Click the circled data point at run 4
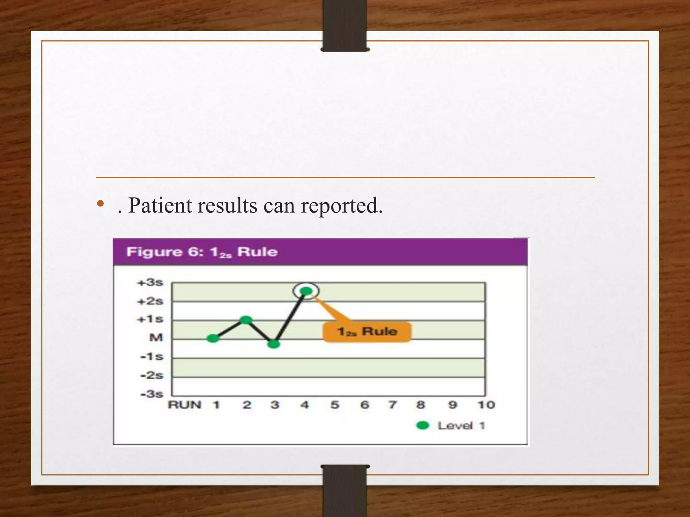(x=306, y=291)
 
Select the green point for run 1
(x=213, y=338)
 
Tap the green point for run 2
(x=246, y=320)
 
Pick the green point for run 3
(x=274, y=344)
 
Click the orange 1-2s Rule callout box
(x=367, y=332)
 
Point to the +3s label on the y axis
(x=150, y=282)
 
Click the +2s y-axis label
(x=150, y=301)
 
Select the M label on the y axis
(x=156, y=337)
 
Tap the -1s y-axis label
(x=152, y=356)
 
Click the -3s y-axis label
(x=152, y=394)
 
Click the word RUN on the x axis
(x=184, y=405)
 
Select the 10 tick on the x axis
(x=486, y=405)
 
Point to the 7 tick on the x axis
(x=392, y=405)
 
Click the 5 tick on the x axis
(x=335, y=405)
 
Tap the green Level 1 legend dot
(x=422, y=425)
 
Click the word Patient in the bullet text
(x=160, y=205)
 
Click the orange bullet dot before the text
(x=100, y=204)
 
